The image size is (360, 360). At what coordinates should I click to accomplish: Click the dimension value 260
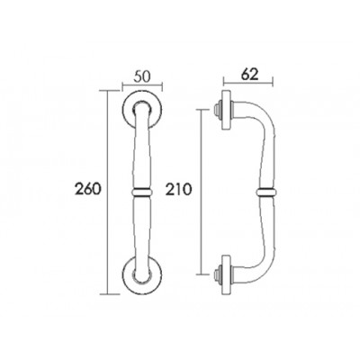click(x=86, y=189)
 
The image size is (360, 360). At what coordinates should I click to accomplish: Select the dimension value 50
click(x=142, y=76)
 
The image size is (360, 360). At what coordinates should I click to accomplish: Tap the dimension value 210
click(x=178, y=190)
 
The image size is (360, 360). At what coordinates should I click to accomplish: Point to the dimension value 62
click(x=249, y=74)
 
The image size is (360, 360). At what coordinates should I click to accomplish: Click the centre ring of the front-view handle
click(x=142, y=192)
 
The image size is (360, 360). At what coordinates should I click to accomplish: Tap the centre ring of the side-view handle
click(x=266, y=192)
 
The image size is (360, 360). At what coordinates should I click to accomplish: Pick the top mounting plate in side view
click(x=226, y=110)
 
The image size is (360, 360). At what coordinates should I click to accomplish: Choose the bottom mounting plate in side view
click(x=226, y=274)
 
